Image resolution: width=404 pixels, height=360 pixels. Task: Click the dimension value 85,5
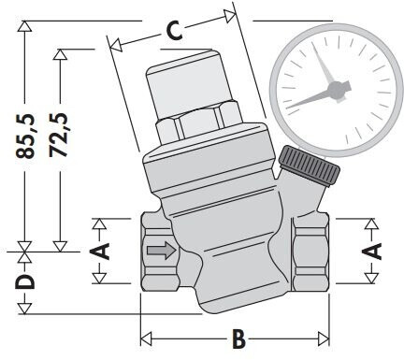point(24,136)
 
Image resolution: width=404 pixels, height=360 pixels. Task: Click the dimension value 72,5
point(59,135)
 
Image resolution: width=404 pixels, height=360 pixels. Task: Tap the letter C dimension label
point(174,31)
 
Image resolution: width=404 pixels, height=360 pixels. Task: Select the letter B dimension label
point(238,338)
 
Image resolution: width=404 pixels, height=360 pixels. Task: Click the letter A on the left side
point(100,252)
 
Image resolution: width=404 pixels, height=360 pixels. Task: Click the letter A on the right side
point(372,252)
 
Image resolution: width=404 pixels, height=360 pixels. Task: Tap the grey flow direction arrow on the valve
point(162,250)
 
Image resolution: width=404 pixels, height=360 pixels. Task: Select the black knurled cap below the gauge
point(309,166)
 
